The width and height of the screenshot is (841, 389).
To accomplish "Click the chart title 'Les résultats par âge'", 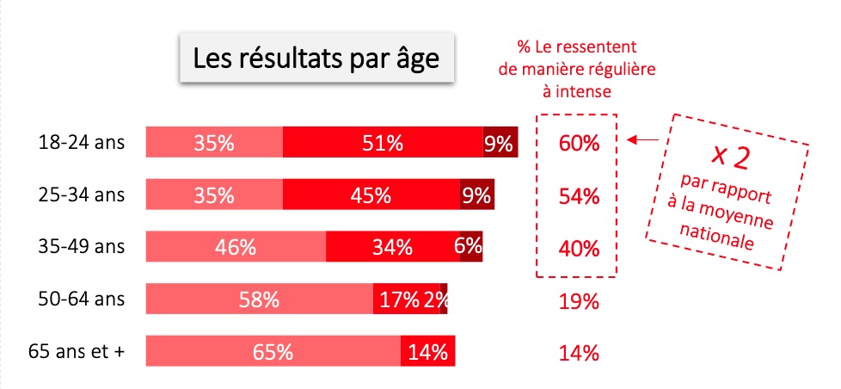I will (316, 59).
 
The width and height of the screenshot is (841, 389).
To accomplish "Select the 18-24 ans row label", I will (76, 142).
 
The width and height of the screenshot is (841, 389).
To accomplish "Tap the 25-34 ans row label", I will (76, 194).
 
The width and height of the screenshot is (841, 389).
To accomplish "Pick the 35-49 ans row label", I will (76, 247).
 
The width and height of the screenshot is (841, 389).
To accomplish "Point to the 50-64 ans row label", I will (76, 299).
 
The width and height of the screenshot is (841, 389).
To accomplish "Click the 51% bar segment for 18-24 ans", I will (383, 143).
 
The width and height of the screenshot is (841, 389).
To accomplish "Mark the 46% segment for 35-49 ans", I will (236, 248).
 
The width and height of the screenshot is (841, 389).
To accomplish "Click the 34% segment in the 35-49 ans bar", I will (391, 248).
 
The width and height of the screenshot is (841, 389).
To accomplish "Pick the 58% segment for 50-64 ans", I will (259, 300).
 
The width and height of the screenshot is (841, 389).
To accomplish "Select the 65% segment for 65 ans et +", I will (273, 353).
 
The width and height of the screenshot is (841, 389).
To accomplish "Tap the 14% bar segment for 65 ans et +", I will (427, 353).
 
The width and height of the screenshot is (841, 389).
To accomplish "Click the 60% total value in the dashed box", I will (578, 143).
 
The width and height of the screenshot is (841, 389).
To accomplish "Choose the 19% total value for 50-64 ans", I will (578, 302).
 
